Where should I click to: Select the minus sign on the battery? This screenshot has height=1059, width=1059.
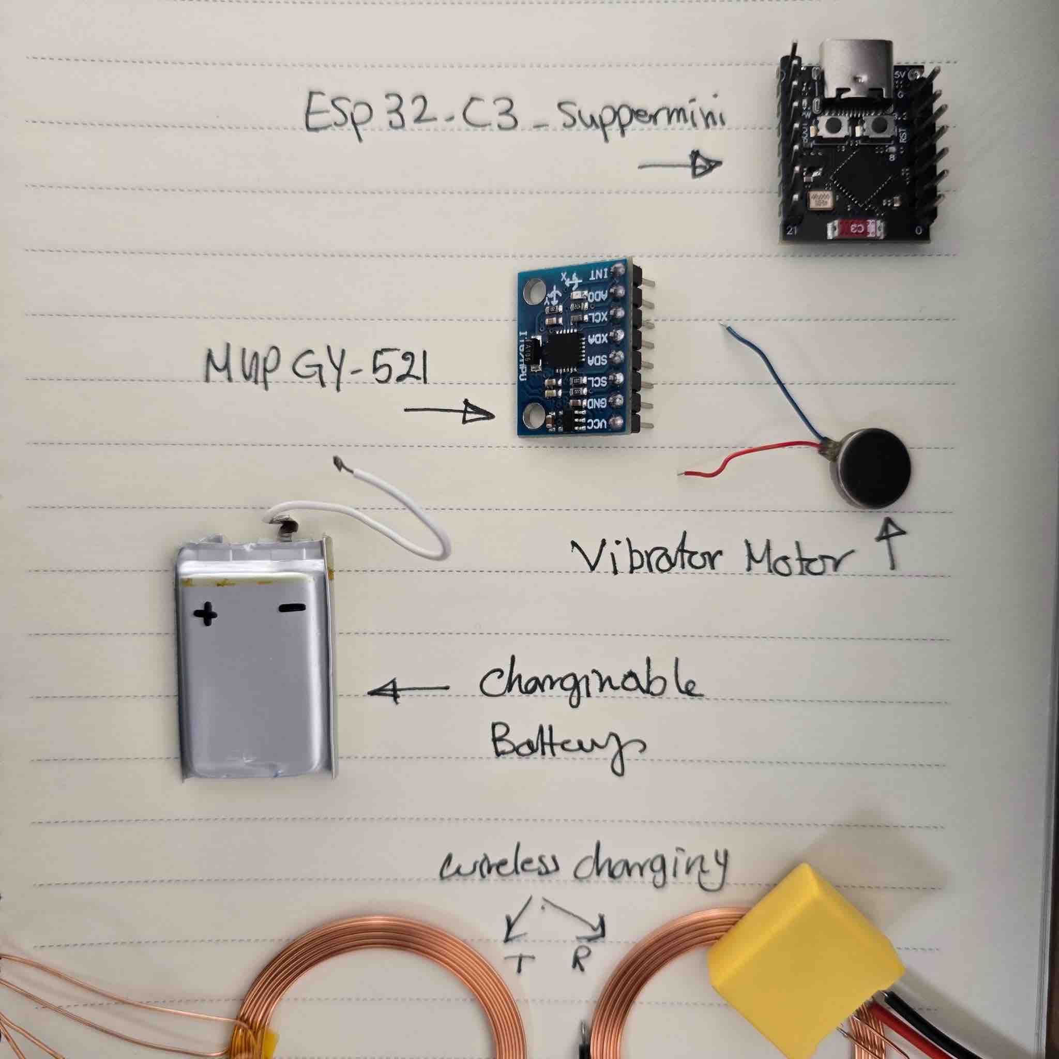(291, 608)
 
